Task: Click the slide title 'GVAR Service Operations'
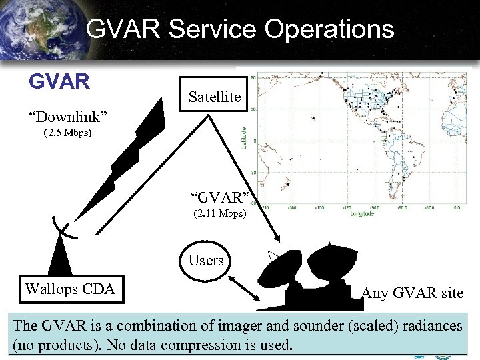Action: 240,29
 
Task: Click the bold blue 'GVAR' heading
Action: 59,81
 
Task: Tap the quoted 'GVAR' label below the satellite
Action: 221,198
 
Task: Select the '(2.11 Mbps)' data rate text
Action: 219,215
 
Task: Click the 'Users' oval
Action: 206,260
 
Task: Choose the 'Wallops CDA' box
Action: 69,289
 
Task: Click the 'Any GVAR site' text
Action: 412,293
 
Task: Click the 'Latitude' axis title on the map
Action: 244,137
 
